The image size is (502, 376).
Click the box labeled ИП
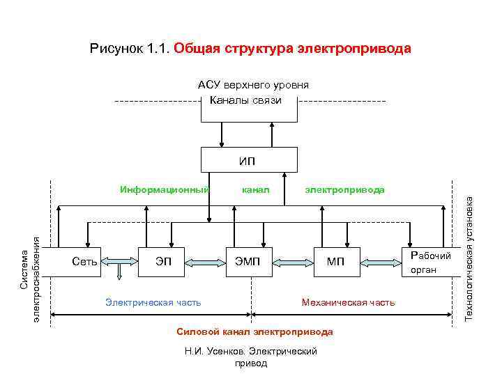pyautogui.click(x=247, y=160)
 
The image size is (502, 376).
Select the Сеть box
pyautogui.click(x=84, y=262)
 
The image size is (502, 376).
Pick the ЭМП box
pyautogui.click(x=249, y=262)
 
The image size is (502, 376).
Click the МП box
pyautogui.click(x=336, y=262)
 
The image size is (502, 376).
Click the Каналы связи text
pyautogui.click(x=250, y=101)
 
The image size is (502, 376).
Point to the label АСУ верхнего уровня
pyautogui.click(x=253, y=85)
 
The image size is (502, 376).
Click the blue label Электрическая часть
pyautogui.click(x=153, y=302)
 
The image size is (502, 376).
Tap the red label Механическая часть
pyautogui.click(x=347, y=302)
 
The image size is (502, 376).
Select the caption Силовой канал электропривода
pyautogui.click(x=254, y=331)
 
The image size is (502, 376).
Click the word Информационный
pyautogui.click(x=165, y=189)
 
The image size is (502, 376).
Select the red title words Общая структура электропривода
pyautogui.click(x=292, y=49)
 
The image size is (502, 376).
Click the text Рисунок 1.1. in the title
pyautogui.click(x=130, y=49)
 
